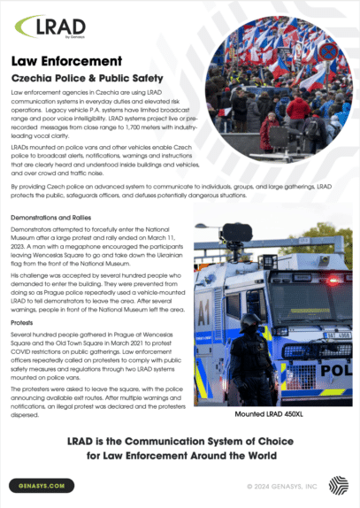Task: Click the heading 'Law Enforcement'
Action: click(66, 61)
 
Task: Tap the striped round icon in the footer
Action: click(338, 484)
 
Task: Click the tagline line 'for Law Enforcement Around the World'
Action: click(180, 456)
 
